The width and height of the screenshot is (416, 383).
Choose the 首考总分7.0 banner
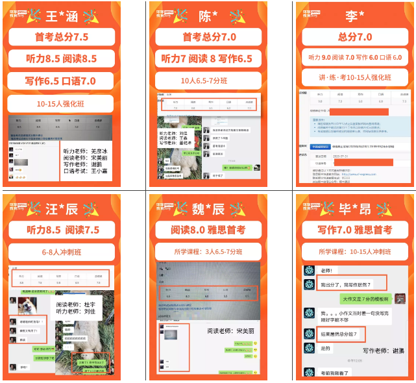tap(208, 37)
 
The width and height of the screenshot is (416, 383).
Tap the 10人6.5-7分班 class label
tap(208, 82)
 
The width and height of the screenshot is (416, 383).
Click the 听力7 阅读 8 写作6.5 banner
tap(208, 59)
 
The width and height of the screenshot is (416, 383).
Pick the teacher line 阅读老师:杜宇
tap(76, 303)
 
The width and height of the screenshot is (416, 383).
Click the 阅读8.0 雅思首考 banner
tap(208, 230)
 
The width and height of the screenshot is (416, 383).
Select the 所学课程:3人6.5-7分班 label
tap(208, 252)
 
